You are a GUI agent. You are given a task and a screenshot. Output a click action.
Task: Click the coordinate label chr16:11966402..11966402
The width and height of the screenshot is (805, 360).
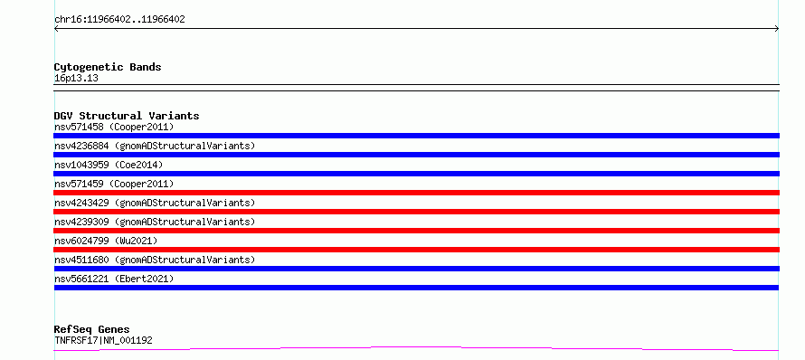click(119, 20)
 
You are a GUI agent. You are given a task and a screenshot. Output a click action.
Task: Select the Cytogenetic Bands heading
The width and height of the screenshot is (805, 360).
click(108, 67)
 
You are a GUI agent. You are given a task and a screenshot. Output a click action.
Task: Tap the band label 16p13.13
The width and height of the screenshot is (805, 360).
click(76, 79)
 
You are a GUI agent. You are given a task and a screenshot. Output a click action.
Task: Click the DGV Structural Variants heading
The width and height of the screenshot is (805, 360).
click(127, 116)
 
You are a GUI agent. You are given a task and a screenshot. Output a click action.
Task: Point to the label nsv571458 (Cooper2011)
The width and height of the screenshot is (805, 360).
click(114, 127)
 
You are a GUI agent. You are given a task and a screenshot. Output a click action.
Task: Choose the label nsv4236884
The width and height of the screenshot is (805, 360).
click(81, 146)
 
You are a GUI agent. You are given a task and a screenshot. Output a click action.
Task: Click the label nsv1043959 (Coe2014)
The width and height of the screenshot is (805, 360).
click(109, 165)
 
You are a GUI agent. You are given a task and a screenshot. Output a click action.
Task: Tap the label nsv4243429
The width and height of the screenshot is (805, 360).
click(81, 203)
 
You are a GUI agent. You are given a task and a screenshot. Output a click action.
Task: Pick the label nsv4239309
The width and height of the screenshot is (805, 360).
click(81, 222)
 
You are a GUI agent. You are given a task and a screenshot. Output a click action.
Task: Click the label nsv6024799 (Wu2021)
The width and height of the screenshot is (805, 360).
click(106, 241)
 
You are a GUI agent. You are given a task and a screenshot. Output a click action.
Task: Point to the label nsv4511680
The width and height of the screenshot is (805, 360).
click(81, 260)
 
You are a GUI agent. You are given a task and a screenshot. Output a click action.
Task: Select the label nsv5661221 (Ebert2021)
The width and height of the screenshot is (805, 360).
click(114, 279)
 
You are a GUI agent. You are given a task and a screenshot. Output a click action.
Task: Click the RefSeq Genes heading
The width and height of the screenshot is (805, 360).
click(92, 329)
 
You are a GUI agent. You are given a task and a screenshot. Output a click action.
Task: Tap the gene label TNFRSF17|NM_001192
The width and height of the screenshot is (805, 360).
click(103, 340)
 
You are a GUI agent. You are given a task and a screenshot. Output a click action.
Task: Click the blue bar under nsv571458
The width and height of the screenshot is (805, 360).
click(416, 136)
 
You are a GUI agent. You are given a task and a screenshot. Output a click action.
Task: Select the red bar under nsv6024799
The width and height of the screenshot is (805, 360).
click(416, 250)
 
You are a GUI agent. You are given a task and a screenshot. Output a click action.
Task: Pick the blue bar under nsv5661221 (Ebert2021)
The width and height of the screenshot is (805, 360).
click(416, 288)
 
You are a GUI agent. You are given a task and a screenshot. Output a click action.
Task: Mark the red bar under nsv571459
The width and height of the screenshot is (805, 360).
click(416, 193)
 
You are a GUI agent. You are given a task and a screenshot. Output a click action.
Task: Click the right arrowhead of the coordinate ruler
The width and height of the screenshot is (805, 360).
click(778, 29)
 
